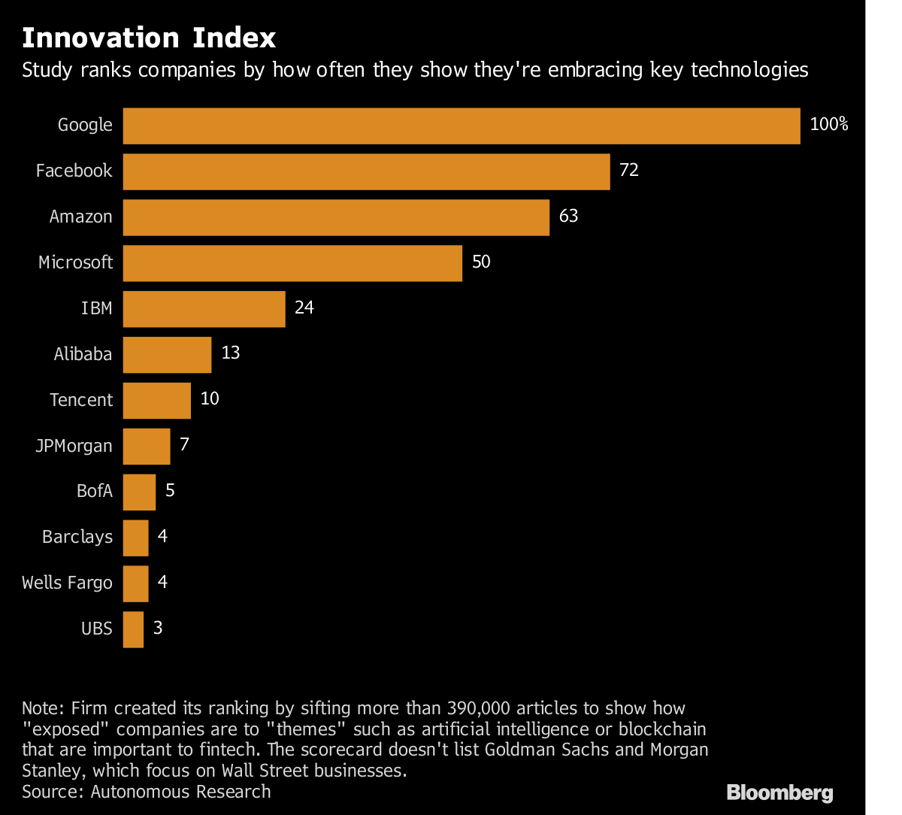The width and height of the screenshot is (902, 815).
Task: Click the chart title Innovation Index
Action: pos(149,38)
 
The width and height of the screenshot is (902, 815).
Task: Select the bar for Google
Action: pos(461,126)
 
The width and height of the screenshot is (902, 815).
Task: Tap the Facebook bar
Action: pos(366,171)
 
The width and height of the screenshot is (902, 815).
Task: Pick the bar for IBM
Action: pos(204,309)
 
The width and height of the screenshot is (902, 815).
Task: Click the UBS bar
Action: pos(133,629)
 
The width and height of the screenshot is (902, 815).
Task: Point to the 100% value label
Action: pos(829,125)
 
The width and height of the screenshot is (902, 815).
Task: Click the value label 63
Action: pos(568,217)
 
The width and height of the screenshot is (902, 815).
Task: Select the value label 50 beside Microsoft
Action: pos(481,262)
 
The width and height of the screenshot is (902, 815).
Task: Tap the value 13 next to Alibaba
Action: pos(230,353)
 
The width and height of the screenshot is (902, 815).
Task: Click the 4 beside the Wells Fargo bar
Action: pos(162,583)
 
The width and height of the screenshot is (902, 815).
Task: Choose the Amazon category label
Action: pos(81,217)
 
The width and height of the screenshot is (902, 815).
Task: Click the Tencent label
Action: pos(81,400)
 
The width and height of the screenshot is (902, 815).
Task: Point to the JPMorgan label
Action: pos(74,446)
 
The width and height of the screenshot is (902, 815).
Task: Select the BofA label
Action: pos(95,492)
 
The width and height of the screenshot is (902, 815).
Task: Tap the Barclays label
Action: pos(77,538)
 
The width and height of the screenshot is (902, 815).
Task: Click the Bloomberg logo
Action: pos(779,792)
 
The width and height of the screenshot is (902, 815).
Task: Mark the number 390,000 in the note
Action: pos(482,708)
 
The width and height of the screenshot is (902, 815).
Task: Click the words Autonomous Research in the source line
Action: pos(180,791)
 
